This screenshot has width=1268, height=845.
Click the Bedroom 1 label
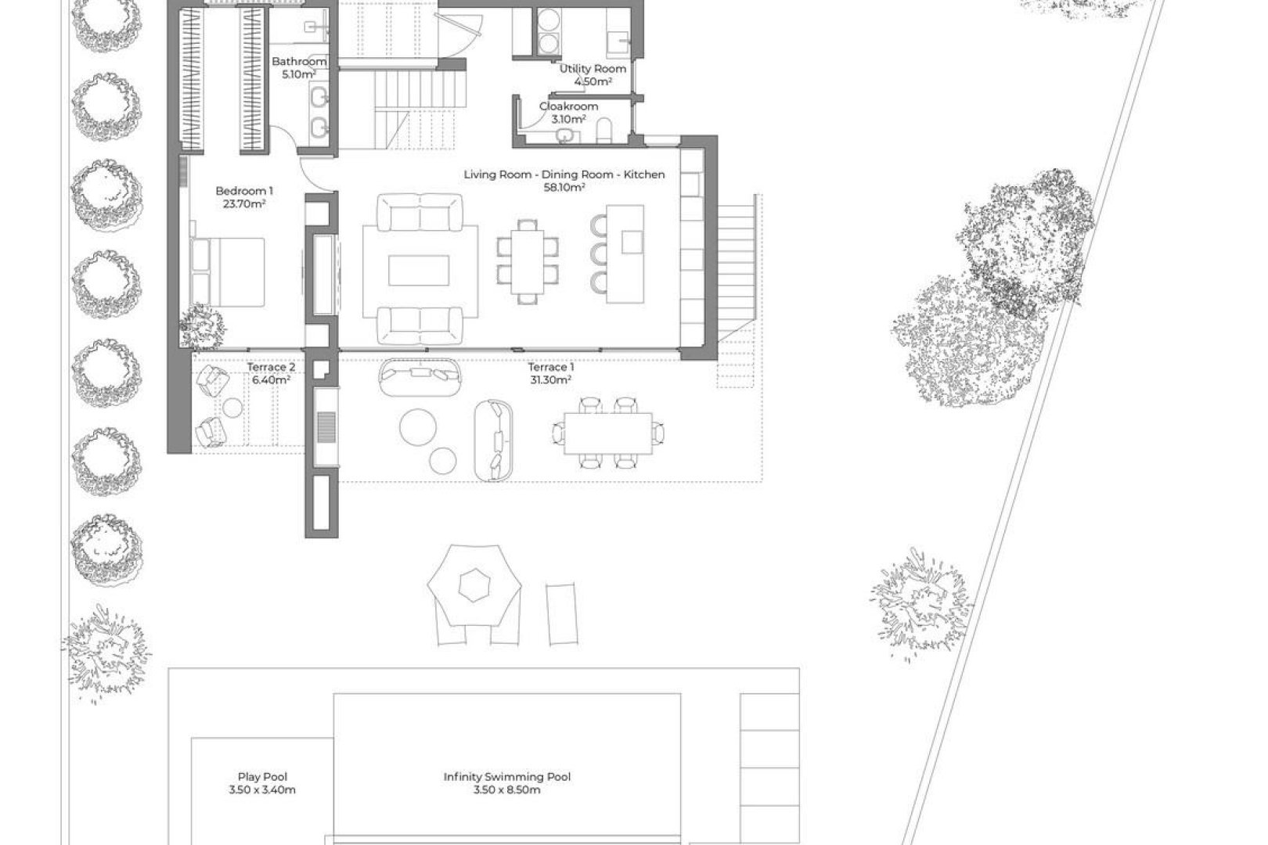pyautogui.click(x=244, y=191)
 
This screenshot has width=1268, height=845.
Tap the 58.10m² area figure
pyautogui.click(x=564, y=188)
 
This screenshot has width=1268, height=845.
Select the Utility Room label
pyautogui.click(x=593, y=69)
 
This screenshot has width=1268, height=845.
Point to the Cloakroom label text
pyautogui.click(x=568, y=106)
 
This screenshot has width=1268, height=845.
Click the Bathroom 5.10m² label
pyautogui.click(x=298, y=68)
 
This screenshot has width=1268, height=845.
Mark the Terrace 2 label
pyautogui.click(x=271, y=367)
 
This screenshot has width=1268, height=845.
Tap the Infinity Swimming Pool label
pyautogui.click(x=506, y=777)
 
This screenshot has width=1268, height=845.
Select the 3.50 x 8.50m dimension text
pyautogui.click(x=506, y=790)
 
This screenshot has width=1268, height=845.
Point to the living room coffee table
pyautogui.click(x=420, y=271)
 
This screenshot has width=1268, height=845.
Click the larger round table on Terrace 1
pyautogui.click(x=419, y=428)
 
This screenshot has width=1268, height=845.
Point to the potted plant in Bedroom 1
pyautogui.click(x=201, y=325)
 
